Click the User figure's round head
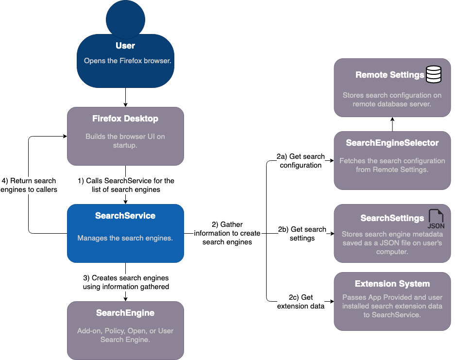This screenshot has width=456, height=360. point(125,18)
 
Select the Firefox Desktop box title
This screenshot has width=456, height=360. point(125,119)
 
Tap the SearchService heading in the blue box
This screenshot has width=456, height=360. point(125,216)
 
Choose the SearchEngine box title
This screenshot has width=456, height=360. point(125,313)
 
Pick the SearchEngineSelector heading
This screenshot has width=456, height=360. point(392,143)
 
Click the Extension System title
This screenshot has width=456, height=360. point(392,284)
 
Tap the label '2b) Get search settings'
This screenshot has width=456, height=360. point(302,234)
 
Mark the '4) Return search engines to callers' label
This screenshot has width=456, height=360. point(29,185)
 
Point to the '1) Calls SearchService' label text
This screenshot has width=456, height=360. point(126,185)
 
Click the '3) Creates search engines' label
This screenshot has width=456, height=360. point(126,282)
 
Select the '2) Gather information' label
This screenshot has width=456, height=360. point(227,233)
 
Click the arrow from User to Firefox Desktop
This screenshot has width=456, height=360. point(125,97)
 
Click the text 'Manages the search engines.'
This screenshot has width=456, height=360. point(125,238)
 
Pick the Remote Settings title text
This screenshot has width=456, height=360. point(389,75)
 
